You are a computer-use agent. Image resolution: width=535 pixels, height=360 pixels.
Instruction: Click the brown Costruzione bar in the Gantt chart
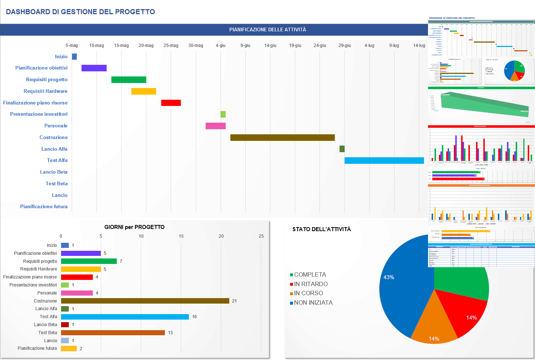282,138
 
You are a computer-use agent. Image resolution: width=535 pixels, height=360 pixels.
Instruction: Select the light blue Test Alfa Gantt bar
384,161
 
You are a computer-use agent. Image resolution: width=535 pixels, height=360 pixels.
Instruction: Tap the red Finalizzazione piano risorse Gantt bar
171,103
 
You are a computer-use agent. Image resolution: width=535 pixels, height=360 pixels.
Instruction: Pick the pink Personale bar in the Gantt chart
215,126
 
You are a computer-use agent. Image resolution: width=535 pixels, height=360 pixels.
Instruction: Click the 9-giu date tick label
245,46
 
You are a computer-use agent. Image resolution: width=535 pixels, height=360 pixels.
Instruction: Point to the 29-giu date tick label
344,46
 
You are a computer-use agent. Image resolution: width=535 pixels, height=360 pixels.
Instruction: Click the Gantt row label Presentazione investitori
39,114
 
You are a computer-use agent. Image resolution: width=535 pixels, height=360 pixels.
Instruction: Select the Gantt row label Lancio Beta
54,172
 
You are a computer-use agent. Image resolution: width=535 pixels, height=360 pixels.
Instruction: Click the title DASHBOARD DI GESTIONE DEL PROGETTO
80,12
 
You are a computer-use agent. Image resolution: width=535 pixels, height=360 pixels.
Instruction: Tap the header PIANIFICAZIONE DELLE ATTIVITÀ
267,29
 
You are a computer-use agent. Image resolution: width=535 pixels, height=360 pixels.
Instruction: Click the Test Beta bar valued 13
113,333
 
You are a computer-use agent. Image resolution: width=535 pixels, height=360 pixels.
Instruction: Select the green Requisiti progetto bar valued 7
89,261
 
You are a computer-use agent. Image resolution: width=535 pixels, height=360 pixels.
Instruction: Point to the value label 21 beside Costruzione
234,301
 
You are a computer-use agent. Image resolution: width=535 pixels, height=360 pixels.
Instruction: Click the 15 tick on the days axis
181,236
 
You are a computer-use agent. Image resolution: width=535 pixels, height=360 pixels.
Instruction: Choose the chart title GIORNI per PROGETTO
134,227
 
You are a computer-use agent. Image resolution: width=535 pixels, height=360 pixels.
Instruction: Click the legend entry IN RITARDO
310,284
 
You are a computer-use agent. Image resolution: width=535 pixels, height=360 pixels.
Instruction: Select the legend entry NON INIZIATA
313,303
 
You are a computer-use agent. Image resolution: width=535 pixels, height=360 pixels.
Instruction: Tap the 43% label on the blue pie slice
389,277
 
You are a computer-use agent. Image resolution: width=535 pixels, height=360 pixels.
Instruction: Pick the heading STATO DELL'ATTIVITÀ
321,229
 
